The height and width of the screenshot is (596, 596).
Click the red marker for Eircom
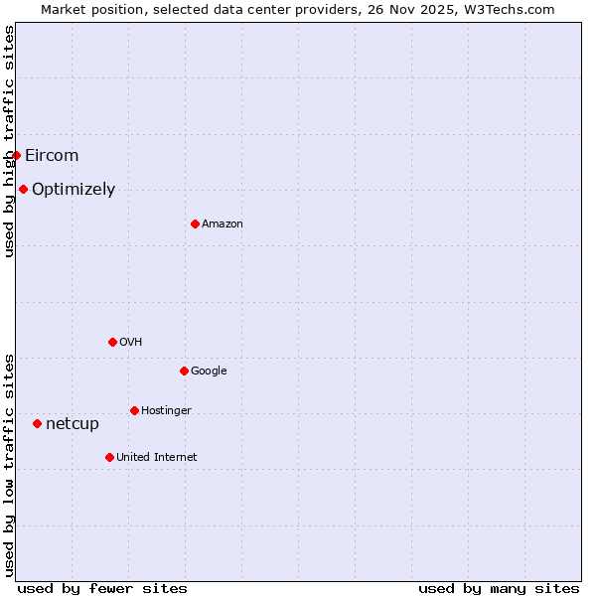pos(16,155)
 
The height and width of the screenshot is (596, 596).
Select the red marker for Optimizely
pos(23,189)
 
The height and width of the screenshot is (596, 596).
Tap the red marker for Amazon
pos(195,223)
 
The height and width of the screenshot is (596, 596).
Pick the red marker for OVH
pos(112,342)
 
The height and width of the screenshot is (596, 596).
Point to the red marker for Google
pos(184,371)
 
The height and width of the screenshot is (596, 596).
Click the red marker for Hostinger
pos(134,410)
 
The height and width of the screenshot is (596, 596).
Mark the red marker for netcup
pos(37,423)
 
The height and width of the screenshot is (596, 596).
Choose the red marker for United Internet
pos(109,457)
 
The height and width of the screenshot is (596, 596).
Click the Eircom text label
pos(52,155)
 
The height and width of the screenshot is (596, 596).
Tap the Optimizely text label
pos(74,189)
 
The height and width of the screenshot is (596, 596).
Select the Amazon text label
pos(223,223)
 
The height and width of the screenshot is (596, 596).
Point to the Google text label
pos(209,371)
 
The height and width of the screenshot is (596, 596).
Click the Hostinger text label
pos(166,410)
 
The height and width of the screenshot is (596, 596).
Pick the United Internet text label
pos(156,457)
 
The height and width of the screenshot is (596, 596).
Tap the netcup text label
pos(73,424)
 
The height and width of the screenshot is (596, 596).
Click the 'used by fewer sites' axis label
pos(102,588)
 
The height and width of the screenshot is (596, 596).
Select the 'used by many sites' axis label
pos(499,588)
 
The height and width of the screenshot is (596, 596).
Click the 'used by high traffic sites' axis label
pos(9,141)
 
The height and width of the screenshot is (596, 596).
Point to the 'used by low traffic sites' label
pos(9,465)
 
